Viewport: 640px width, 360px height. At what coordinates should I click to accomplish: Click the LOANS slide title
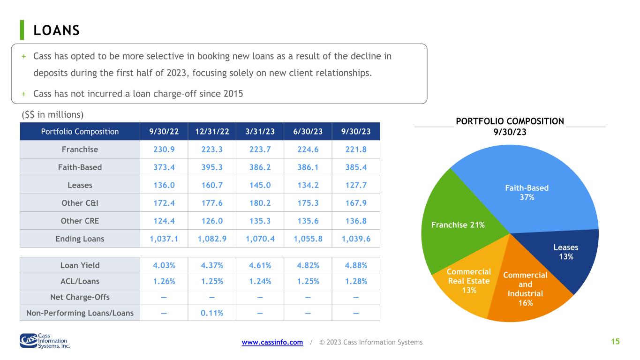point(56,30)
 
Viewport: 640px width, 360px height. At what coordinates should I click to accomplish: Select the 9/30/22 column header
point(164,131)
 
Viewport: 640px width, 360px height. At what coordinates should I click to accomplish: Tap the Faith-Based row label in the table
point(80,167)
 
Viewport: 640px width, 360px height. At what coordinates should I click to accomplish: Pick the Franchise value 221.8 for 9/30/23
point(356,150)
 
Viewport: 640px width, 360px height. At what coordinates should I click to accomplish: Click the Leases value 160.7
point(212,185)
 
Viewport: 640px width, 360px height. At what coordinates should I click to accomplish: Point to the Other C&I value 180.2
point(260,203)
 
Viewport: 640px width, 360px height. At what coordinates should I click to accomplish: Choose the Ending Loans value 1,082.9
point(212,239)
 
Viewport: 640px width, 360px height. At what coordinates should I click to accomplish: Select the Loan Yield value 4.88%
point(356,265)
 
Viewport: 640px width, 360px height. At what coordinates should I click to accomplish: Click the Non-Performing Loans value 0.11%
point(212,313)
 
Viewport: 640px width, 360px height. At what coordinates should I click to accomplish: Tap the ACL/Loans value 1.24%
point(260,281)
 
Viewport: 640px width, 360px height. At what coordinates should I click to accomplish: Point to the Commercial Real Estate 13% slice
point(468,281)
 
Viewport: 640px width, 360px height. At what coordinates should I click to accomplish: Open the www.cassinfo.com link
point(272,342)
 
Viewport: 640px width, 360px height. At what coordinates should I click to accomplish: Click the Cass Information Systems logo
point(45,341)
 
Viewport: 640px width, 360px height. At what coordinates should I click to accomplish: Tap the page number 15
point(615,342)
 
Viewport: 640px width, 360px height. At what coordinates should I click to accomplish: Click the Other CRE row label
point(80,221)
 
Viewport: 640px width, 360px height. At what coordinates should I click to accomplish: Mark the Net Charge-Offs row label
point(80,297)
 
